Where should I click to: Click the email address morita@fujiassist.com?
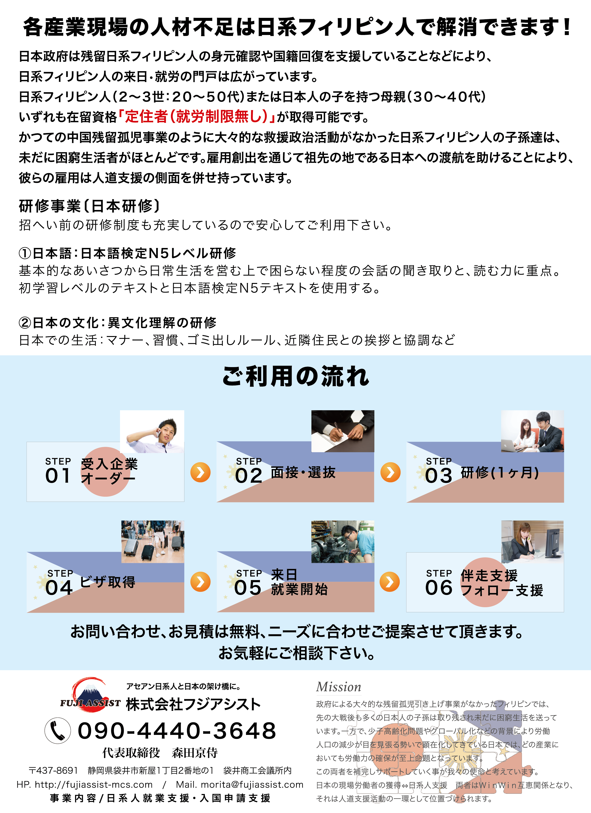point(252,785)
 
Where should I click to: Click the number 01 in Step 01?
point(58,476)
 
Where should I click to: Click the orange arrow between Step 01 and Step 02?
point(200,473)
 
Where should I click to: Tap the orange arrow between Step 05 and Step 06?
point(390,582)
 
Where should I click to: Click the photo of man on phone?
point(152,432)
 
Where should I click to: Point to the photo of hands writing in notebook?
point(343,431)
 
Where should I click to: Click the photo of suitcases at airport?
point(153,541)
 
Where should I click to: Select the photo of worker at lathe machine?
point(343,541)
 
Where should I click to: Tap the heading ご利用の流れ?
point(295,376)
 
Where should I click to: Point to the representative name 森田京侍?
point(195,753)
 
